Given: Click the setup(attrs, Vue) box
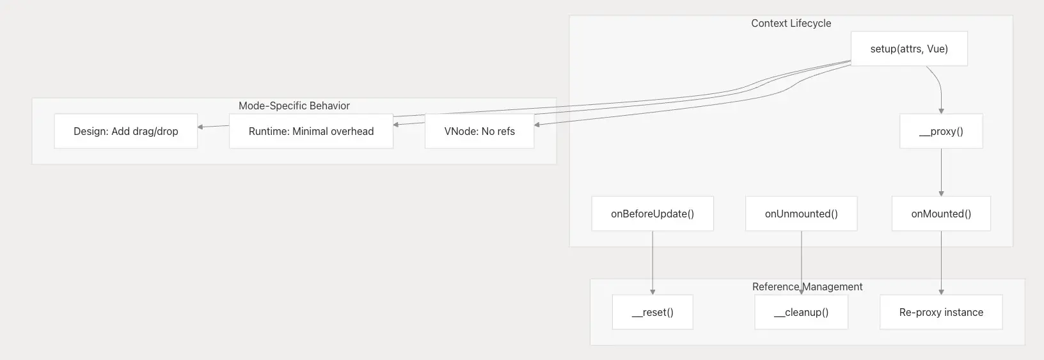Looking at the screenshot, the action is pos(909,49).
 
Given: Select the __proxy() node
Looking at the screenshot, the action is pos(941,131).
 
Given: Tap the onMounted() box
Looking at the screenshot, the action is pos(941,214).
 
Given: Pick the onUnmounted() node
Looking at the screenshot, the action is pos(801,214).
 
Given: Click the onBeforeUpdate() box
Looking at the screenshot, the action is pos(652,214).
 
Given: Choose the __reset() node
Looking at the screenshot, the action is pos(652,312).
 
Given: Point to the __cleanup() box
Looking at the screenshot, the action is pos(801,312).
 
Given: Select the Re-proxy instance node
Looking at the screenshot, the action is pos(941,312).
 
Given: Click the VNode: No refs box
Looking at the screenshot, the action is pos(480,131).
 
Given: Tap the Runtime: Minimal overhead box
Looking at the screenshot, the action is pos(312,131).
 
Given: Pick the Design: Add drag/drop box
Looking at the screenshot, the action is pos(126,131).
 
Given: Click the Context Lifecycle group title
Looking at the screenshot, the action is pos(791,23).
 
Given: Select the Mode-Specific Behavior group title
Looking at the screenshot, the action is pos(294,106).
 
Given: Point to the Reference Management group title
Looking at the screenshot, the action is pos(807,286).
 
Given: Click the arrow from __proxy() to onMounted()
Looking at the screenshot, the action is pos(941,172).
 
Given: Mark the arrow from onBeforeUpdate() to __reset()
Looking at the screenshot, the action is pos(652,263).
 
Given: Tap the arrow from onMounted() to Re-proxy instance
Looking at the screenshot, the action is pos(941,263).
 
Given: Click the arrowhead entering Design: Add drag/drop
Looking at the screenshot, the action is pos(200,127).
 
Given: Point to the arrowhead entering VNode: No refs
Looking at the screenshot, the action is pos(537,125).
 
